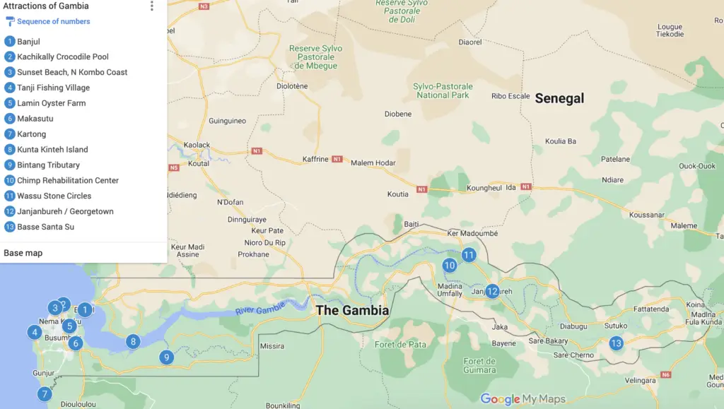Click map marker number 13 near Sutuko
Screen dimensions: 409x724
tap(616, 344)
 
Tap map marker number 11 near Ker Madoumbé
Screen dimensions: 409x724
tap(469, 255)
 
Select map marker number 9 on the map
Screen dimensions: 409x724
tap(166, 357)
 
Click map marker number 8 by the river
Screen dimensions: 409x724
tap(133, 342)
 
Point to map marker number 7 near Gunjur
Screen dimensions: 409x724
tap(45, 394)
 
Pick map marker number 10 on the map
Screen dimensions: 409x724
tap(450, 266)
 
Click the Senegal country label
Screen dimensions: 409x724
tap(559, 99)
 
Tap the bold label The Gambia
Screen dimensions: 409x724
tap(352, 311)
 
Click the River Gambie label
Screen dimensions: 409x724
tap(260, 308)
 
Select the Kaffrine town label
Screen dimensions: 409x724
tap(315, 160)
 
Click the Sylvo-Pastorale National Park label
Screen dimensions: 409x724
tap(443, 91)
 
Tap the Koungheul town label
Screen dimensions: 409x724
tap(484, 189)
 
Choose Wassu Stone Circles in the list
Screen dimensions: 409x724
tap(54, 196)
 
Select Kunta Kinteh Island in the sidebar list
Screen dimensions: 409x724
tap(52, 150)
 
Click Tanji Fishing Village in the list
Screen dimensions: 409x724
tap(53, 88)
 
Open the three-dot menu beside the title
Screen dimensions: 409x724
tap(151, 6)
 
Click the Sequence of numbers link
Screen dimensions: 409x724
tap(53, 21)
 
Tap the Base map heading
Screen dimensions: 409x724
tap(23, 253)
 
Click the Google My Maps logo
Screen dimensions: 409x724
tap(522, 399)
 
